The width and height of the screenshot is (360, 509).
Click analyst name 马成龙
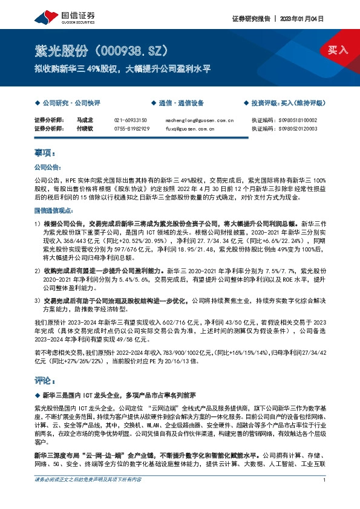83,120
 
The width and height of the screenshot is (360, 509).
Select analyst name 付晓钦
83,129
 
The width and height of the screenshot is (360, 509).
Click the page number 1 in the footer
325,496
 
